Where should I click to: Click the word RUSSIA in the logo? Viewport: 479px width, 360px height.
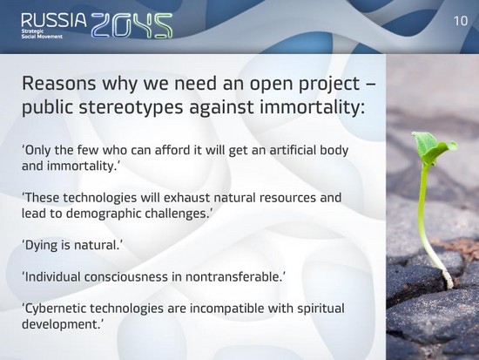coord(54,21)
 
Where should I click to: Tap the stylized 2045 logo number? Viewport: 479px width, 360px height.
coord(132,25)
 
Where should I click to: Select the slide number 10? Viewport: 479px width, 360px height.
coord(461,21)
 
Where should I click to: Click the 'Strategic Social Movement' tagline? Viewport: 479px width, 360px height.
coord(42,34)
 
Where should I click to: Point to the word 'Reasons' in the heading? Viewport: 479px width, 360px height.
coord(58,83)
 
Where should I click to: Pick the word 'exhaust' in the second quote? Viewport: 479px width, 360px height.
coord(186,198)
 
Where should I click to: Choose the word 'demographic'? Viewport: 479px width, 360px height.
coord(104,214)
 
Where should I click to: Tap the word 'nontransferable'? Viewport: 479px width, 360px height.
coord(233,277)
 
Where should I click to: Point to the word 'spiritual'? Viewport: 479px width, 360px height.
coord(320,309)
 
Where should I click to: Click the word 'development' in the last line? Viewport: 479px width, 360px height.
coord(59,325)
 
